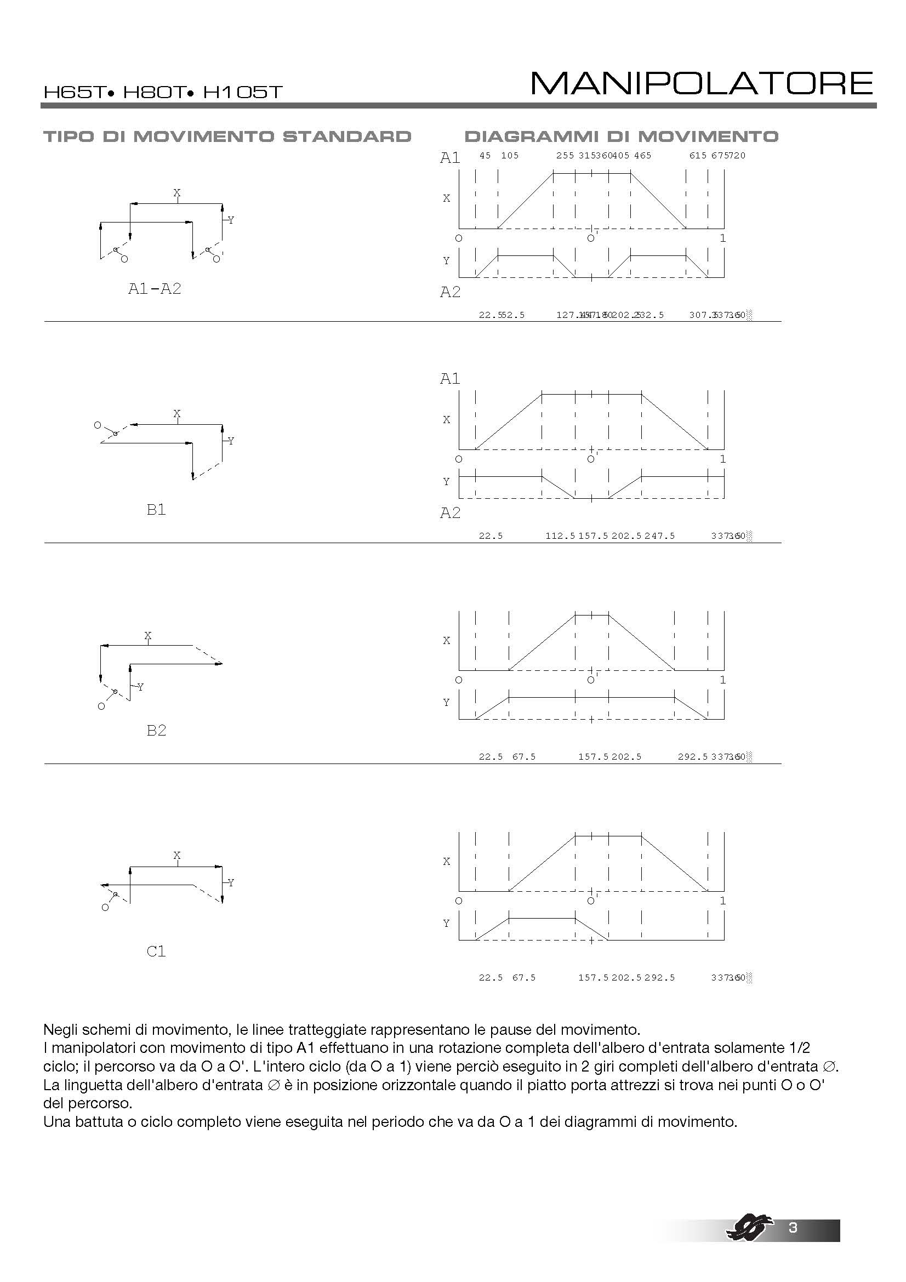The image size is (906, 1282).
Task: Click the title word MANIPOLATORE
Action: coord(701,84)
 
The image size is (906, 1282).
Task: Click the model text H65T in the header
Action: coord(74,92)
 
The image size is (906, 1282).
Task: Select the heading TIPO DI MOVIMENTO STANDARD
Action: coord(227,137)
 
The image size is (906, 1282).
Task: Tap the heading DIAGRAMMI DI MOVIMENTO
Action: coord(622,137)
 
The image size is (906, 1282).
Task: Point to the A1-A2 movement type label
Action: coord(155,289)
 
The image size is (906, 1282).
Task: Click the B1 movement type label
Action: coord(156,510)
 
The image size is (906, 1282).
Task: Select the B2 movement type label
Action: coord(156,730)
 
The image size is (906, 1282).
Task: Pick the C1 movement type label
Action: coord(156,951)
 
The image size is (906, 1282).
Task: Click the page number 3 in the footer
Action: coord(793,1227)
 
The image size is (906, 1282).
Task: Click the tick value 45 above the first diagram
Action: coord(485,156)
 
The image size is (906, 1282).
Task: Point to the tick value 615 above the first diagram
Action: coord(698,156)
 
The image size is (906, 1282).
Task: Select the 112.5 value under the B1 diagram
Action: coord(560,536)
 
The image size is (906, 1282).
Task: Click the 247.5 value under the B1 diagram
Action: coord(659,536)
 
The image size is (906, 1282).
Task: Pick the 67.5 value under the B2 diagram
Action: coord(523,757)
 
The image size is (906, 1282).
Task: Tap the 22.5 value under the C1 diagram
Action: coord(491,978)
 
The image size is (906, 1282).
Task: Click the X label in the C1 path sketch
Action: coord(177,856)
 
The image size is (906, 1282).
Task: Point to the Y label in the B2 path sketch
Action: coord(141,687)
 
